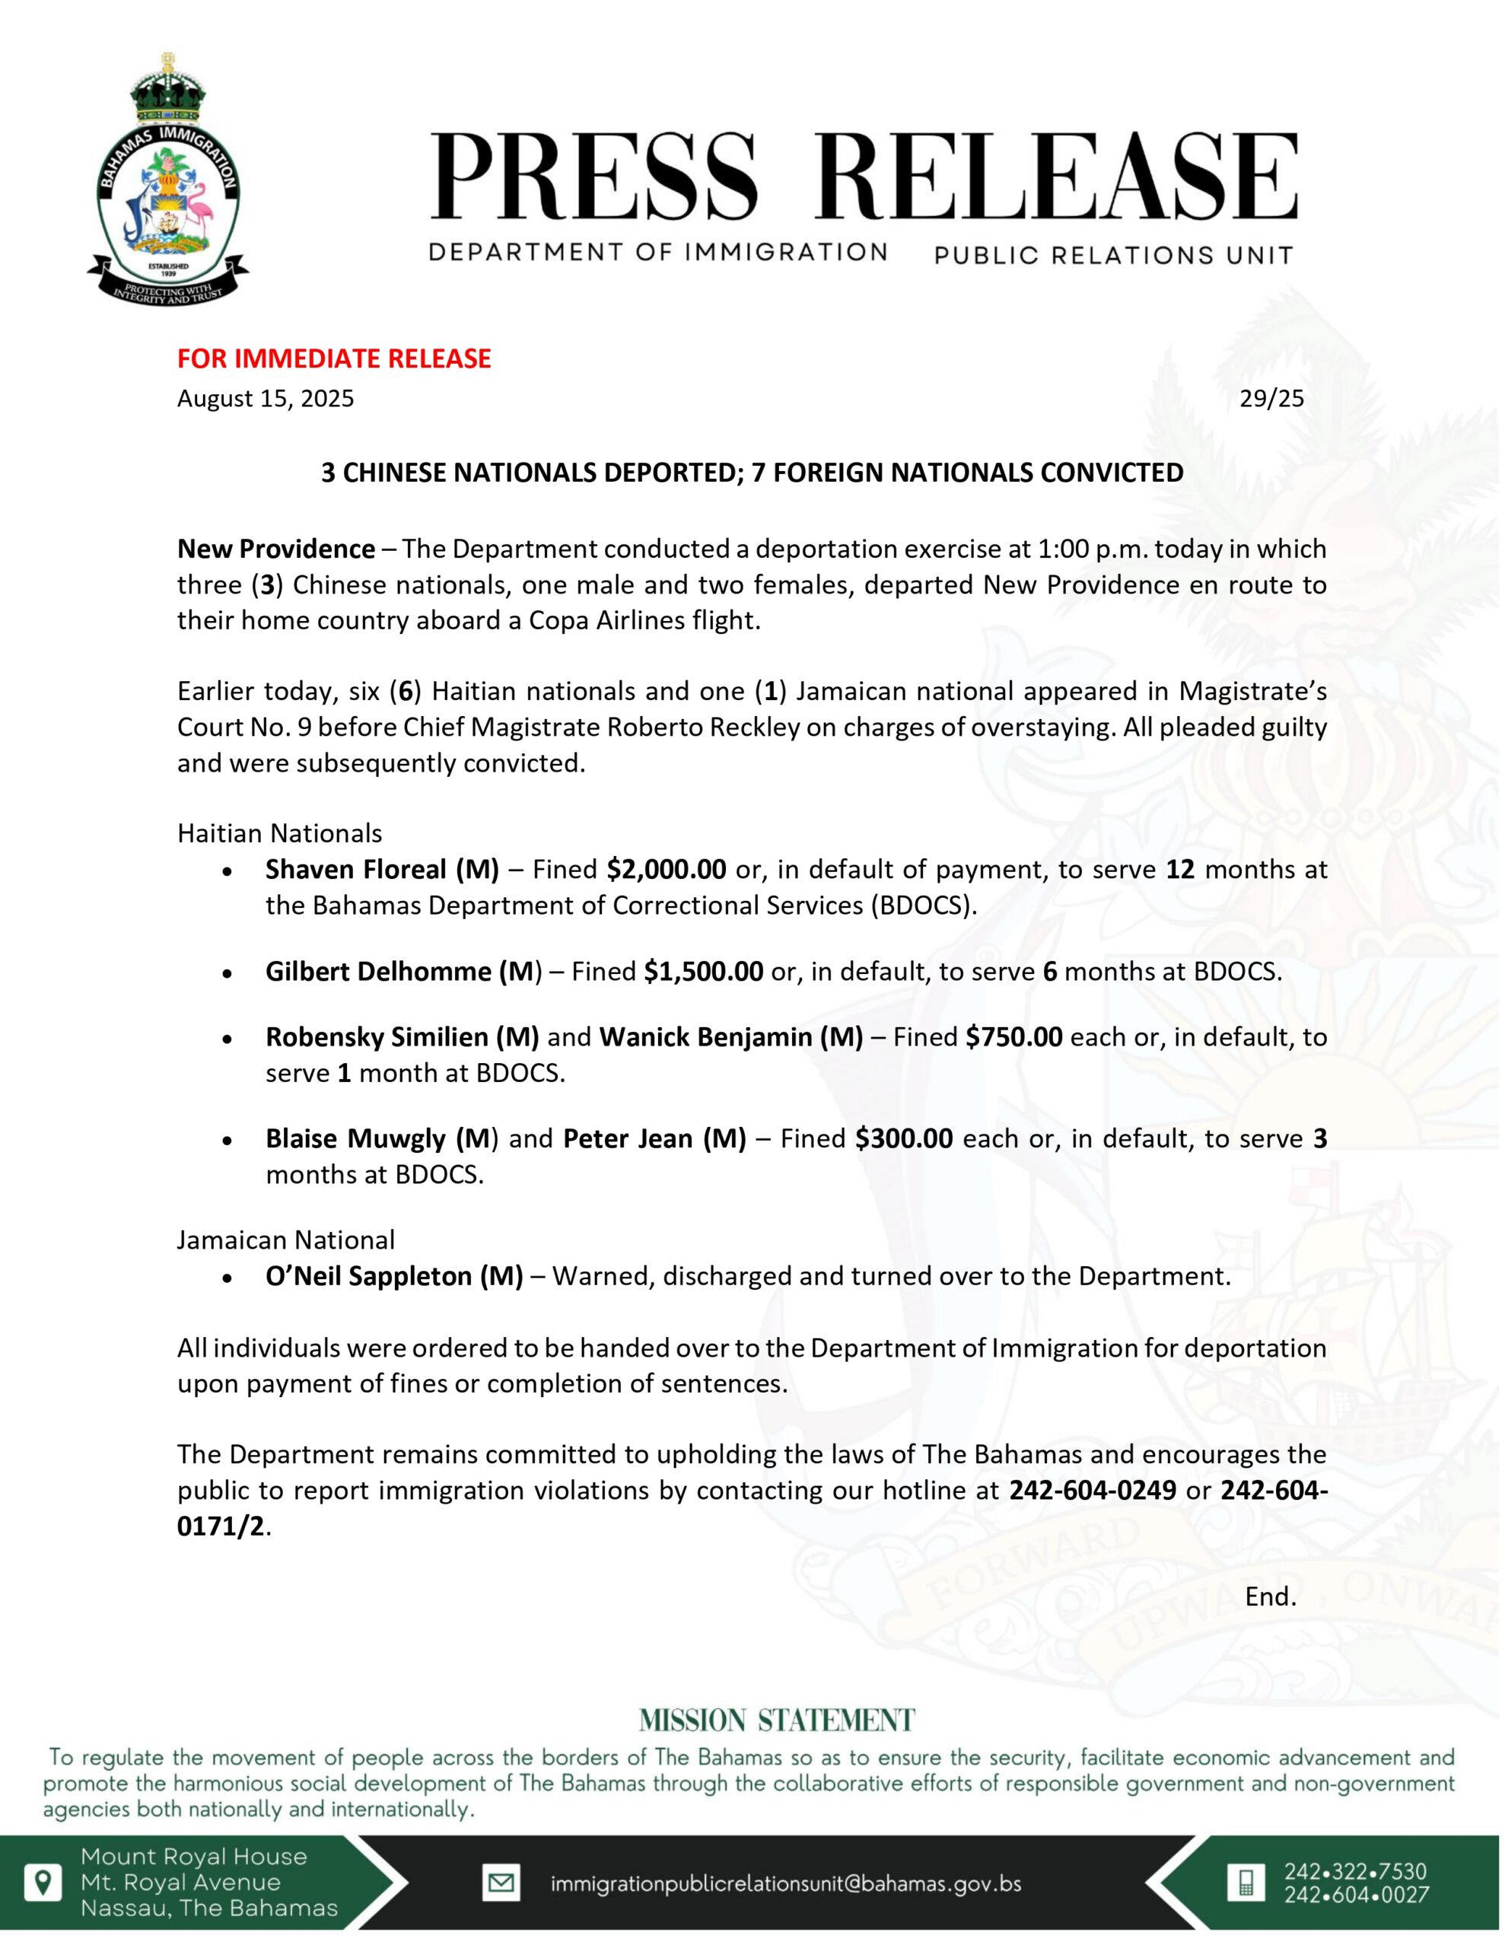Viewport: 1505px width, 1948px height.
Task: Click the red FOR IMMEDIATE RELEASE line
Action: [334, 358]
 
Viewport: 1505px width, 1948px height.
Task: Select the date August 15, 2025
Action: [265, 398]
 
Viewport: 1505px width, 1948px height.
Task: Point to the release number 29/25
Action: [1271, 398]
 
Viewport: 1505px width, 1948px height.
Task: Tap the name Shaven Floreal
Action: [356, 869]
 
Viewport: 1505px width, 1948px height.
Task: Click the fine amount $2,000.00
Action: [666, 869]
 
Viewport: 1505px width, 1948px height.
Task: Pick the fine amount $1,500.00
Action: [703, 970]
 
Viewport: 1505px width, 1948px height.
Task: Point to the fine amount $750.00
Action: [1013, 1036]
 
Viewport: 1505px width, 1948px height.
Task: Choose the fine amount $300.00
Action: [903, 1138]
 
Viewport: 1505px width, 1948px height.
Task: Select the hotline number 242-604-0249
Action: [1092, 1490]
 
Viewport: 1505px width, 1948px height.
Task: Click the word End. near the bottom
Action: [1271, 1596]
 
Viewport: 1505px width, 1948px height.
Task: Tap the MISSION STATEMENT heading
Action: [777, 1720]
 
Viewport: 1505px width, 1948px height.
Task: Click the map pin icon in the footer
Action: [43, 1882]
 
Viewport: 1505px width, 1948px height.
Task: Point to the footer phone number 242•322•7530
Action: [1355, 1871]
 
